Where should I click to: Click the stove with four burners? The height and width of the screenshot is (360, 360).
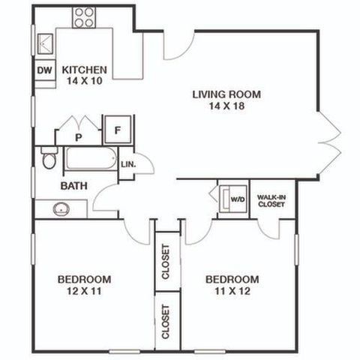click(x=84, y=17)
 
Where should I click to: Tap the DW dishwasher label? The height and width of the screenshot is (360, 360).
click(x=45, y=70)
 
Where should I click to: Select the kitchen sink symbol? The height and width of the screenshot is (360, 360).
click(x=45, y=44)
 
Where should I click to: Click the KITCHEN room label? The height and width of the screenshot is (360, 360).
click(x=85, y=70)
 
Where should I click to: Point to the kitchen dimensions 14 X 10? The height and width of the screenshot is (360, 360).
click(x=85, y=81)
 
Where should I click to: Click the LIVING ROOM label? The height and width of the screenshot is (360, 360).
click(x=226, y=94)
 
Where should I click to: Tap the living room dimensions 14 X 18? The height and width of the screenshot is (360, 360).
click(x=226, y=106)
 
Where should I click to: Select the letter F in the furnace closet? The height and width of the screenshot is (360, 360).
click(x=118, y=130)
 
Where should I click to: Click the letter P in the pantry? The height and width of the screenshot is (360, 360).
click(x=79, y=137)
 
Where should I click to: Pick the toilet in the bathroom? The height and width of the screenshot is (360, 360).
click(x=49, y=158)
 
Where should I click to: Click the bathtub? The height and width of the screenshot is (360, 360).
click(x=91, y=158)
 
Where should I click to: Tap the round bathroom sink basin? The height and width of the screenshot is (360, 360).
click(x=61, y=209)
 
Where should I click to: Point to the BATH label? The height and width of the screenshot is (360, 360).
click(x=74, y=186)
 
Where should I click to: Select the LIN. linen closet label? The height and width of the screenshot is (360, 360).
click(x=128, y=165)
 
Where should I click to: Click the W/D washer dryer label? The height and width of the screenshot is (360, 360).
click(x=238, y=199)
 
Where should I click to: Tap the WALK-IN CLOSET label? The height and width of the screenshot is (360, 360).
click(x=271, y=201)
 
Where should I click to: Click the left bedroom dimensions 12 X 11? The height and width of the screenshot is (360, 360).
click(x=84, y=291)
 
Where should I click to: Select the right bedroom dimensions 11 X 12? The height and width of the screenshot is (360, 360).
click(x=232, y=291)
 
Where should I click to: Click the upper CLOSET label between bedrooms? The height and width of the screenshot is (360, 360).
click(x=166, y=262)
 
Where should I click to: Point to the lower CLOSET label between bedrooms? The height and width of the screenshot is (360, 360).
click(x=166, y=322)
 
